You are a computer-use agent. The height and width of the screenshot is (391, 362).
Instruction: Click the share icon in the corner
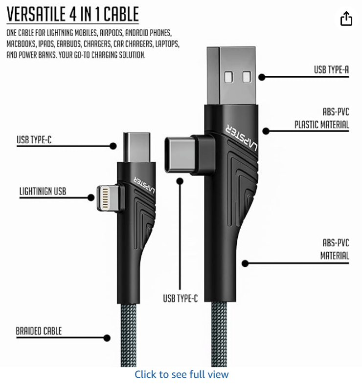(x=346, y=19)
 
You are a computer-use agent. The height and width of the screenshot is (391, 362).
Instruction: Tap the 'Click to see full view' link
(x=181, y=374)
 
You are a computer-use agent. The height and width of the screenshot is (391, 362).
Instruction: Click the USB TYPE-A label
(x=331, y=69)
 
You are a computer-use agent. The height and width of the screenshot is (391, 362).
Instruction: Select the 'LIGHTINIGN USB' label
(x=43, y=191)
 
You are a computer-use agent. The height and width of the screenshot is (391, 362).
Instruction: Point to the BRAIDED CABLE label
(x=39, y=331)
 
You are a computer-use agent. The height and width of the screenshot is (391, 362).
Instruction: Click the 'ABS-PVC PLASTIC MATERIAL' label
(x=322, y=118)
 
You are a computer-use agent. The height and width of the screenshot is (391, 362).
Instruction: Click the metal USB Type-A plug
(x=231, y=76)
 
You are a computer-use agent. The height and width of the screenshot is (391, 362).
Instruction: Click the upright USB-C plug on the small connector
(x=136, y=148)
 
